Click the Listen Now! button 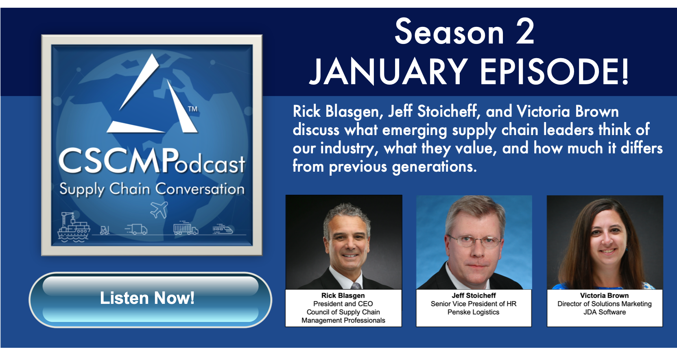click(150, 299)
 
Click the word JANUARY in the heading click(389, 72)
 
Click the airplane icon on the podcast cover click(159, 209)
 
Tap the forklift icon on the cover click(105, 230)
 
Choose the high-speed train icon click(223, 229)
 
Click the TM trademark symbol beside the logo click(192, 109)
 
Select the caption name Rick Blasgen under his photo click(343, 295)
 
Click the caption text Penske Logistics click(473, 312)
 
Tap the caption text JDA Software click(605, 312)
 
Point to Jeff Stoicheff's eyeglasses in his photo click(474, 241)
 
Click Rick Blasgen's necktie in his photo click(356, 286)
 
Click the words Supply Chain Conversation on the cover click(152, 190)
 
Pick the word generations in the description click(434, 167)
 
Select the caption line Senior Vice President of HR click(474, 304)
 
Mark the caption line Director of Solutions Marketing click(605, 304)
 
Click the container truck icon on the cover click(186, 229)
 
